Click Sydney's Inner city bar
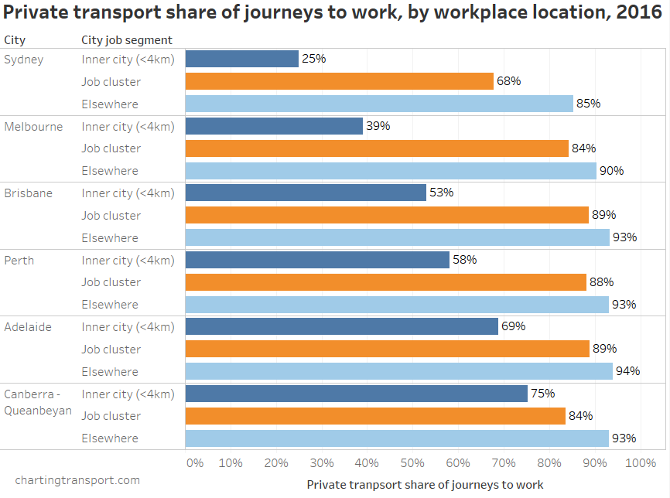242,59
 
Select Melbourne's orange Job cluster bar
378,148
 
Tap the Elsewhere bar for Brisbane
398,237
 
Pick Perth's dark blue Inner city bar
318,260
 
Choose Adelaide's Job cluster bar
388,349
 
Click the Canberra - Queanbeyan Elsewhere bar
397,438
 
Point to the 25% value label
313,59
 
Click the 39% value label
378,126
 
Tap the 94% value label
627,371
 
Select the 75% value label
542,394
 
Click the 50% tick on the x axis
412,463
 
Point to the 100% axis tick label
640,463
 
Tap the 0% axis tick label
194,463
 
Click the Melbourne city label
33,127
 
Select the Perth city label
19,261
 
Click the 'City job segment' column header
127,40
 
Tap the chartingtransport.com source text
77,480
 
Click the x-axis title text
425,485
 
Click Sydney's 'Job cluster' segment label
111,81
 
